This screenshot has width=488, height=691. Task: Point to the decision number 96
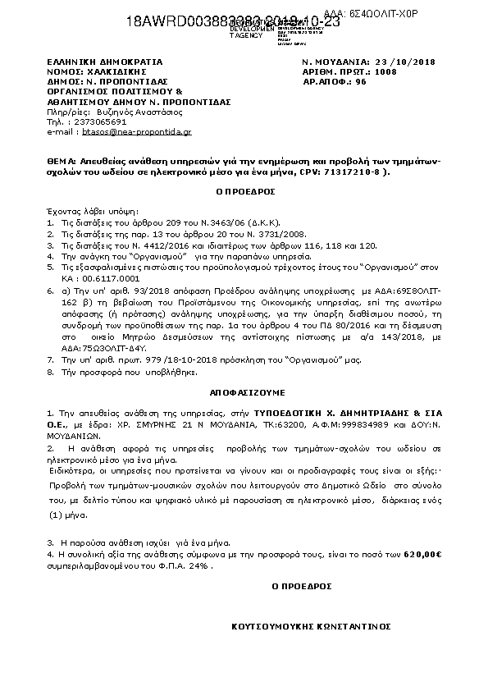361,83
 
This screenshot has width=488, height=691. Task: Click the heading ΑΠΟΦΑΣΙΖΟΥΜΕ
244,392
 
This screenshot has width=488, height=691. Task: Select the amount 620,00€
423,556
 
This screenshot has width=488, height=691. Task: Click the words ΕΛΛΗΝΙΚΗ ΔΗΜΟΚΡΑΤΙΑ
105,62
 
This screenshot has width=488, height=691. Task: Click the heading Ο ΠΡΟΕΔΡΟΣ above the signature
302,587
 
